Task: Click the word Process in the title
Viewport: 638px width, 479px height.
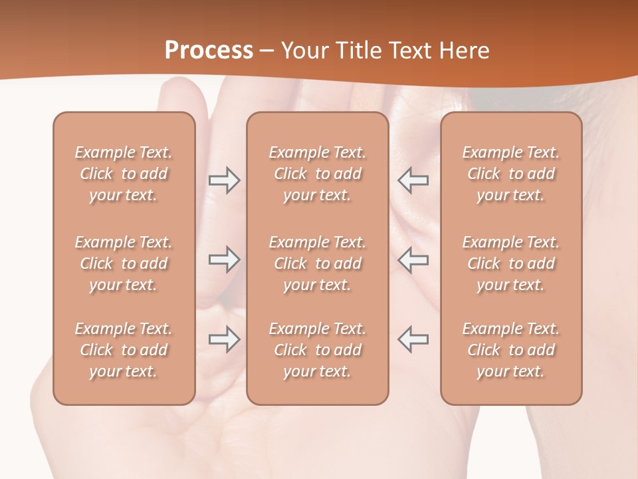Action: click(x=209, y=51)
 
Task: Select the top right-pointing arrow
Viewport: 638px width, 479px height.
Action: click(x=224, y=180)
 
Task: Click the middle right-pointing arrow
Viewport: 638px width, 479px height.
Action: click(x=224, y=259)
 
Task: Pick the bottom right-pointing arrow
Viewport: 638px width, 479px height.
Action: click(x=224, y=339)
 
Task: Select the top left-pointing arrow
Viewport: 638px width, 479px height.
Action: click(x=413, y=180)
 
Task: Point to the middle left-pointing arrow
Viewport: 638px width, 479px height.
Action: click(x=413, y=259)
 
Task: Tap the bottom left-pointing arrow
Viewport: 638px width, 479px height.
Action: click(x=413, y=339)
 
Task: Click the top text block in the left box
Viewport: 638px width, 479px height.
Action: click(x=124, y=174)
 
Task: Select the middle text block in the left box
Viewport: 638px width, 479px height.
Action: click(x=124, y=263)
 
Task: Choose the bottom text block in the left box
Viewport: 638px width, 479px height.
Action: click(x=124, y=350)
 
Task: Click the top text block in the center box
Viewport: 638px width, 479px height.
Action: click(x=317, y=174)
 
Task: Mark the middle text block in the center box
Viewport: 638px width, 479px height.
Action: click(x=317, y=263)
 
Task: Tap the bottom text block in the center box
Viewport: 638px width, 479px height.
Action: click(x=317, y=350)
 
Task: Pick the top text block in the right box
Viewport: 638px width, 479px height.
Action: click(x=511, y=174)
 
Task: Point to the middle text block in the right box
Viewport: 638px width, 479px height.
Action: click(x=511, y=263)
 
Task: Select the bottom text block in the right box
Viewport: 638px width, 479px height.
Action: click(x=511, y=350)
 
